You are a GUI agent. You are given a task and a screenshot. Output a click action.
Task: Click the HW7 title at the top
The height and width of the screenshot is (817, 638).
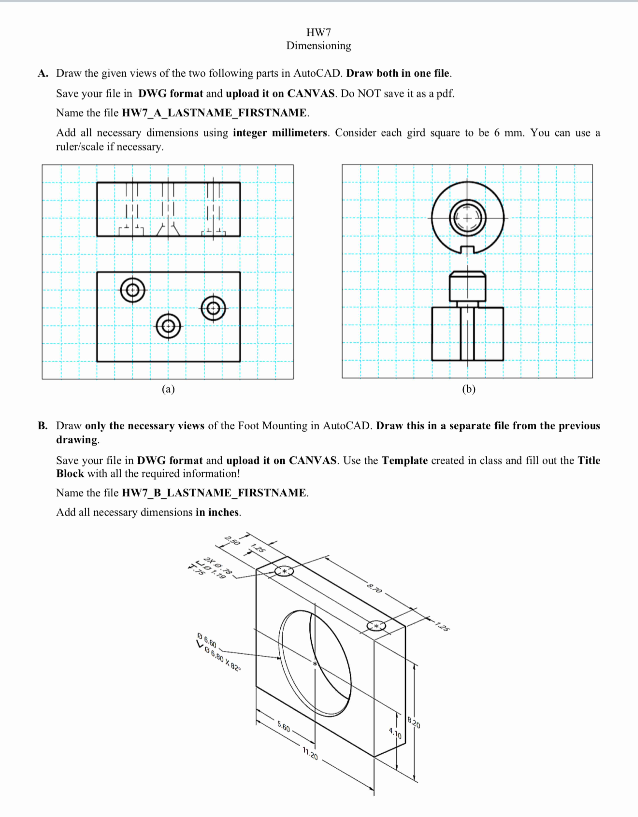coord(318,33)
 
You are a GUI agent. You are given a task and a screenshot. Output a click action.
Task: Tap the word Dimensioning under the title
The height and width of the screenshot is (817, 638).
coord(318,46)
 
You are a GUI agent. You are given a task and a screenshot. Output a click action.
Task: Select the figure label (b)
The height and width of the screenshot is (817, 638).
coord(469,389)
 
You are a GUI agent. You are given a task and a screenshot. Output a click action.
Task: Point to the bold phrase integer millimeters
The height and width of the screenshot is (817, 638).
coord(279,133)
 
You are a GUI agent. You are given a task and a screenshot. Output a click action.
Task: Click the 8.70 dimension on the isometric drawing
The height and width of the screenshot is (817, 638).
coord(374,588)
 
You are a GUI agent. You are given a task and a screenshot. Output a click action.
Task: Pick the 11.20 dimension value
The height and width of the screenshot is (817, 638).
coord(310,755)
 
